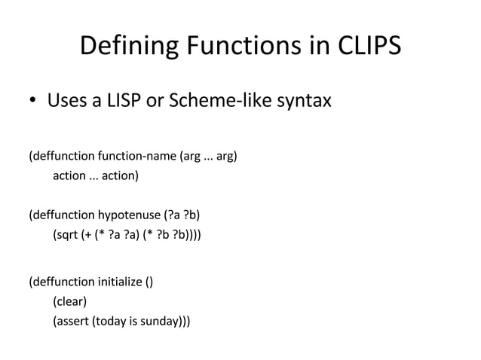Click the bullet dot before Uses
click(x=32, y=100)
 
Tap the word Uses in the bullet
click(x=66, y=99)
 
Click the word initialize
click(x=120, y=283)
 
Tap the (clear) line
click(x=69, y=302)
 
